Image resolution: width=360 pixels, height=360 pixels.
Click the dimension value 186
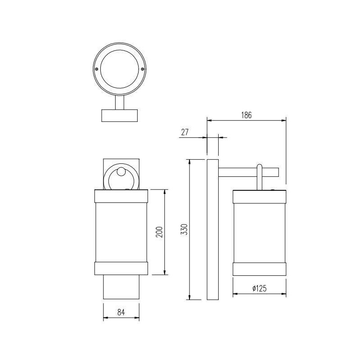[246, 115]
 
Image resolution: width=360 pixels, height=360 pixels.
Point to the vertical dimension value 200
[159, 232]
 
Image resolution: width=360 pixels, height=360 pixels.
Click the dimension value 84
[121, 312]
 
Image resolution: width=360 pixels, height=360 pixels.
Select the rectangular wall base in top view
[120, 115]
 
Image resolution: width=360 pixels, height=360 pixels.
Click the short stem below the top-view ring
[120, 103]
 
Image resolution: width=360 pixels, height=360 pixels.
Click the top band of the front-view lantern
[121, 196]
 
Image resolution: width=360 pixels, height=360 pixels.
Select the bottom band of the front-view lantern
[121, 268]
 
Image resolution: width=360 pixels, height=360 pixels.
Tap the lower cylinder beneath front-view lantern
[121, 287]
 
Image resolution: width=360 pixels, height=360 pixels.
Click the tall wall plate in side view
[212, 229]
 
